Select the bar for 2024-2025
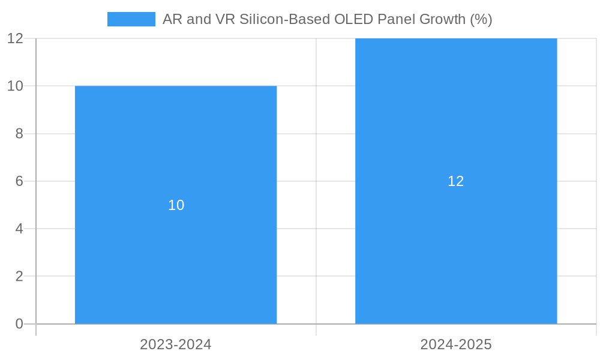point(456,252)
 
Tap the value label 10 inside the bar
point(176,205)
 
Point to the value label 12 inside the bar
point(456,181)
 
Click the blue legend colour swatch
point(131,19)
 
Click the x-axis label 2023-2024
point(176,344)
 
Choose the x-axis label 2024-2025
point(456,344)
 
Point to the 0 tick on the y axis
point(19,324)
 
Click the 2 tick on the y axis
point(19,276)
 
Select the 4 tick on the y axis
point(19,229)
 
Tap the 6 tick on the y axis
point(19,181)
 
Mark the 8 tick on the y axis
point(19,133)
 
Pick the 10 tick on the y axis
point(16,86)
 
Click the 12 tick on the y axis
point(16,38)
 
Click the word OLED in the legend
point(354,19)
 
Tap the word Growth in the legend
point(442,19)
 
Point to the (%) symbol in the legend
point(481,19)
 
